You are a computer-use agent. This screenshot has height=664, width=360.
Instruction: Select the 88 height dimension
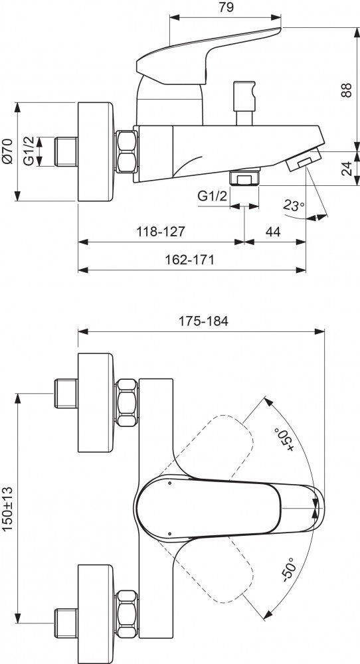(345, 91)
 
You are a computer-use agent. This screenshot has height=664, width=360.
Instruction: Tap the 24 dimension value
(345, 168)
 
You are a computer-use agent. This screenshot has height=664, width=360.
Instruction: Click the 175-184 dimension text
(205, 320)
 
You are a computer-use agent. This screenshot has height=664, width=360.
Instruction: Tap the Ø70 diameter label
(8, 151)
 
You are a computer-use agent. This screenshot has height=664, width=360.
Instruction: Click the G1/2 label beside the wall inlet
(30, 151)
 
